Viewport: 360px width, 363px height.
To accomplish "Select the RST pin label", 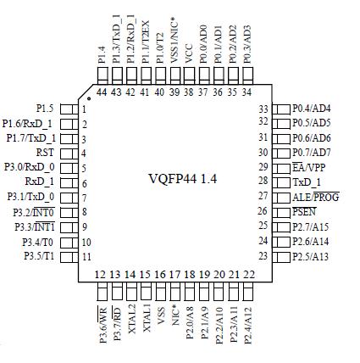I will [46, 153].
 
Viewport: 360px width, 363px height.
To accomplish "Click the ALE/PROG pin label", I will [316, 196].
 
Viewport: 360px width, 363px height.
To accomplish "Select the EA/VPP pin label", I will [309, 167].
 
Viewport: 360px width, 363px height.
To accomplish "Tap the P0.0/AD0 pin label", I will [203, 40].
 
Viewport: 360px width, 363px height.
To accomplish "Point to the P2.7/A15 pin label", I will [312, 225].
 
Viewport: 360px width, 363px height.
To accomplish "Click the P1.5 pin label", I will [46, 109].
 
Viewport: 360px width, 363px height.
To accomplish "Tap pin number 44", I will [101, 92].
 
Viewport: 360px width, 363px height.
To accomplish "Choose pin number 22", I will [248, 275].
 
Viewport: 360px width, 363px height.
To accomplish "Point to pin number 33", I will [263, 109].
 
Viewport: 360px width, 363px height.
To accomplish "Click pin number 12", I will [100, 275].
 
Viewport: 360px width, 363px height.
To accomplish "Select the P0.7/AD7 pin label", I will [312, 153].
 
